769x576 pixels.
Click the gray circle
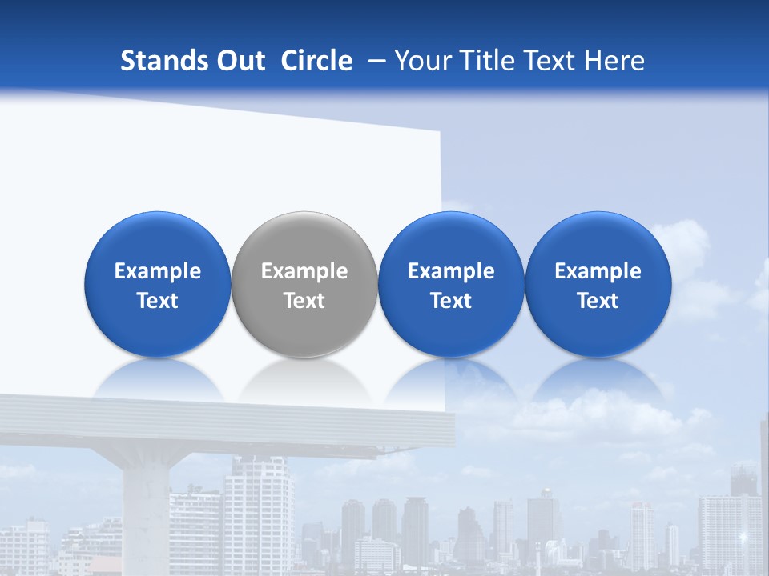pyautogui.click(x=304, y=284)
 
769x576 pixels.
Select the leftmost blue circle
pyautogui.click(x=158, y=284)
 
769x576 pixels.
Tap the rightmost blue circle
pyautogui.click(x=598, y=284)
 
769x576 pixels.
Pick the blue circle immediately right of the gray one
pyautogui.click(x=451, y=284)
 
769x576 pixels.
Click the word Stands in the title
pyautogui.click(x=156, y=61)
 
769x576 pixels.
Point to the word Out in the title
pyautogui.click(x=236, y=61)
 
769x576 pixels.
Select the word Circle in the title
pyautogui.click(x=316, y=61)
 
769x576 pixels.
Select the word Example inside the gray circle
pyautogui.click(x=304, y=272)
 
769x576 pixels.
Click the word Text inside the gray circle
pyautogui.click(x=304, y=301)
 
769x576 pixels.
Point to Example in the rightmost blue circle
pyautogui.click(x=598, y=272)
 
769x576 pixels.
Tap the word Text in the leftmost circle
pyautogui.click(x=158, y=301)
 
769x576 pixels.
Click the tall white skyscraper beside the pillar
pyautogui.click(x=258, y=512)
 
